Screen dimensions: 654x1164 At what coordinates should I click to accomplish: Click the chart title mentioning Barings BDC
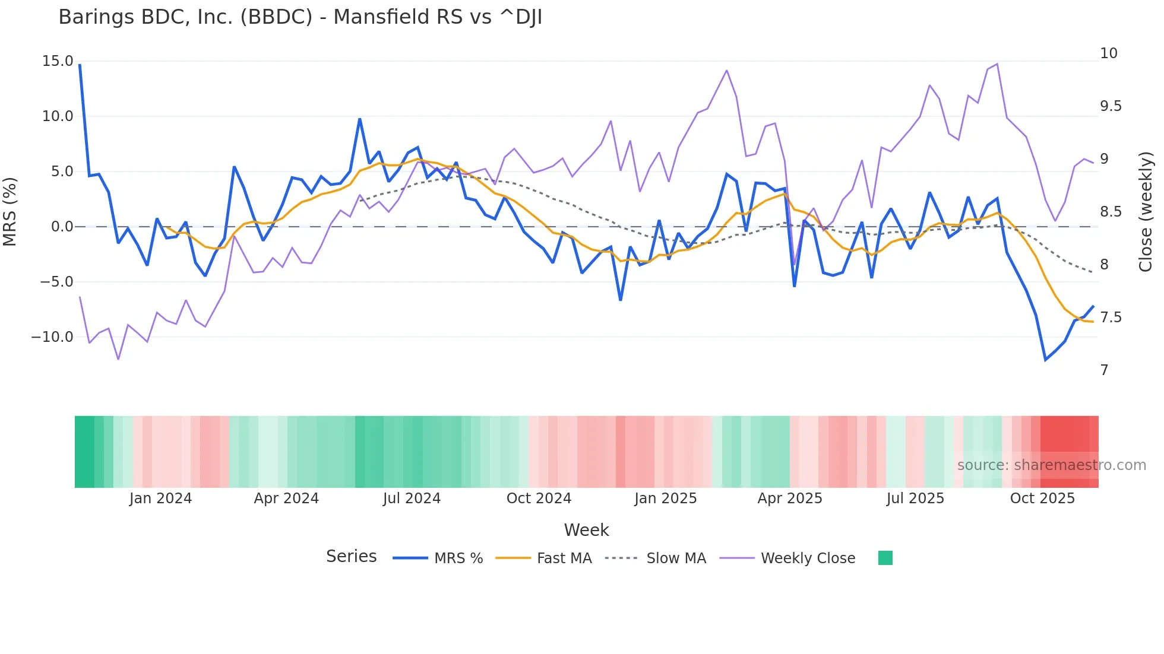pos(300,17)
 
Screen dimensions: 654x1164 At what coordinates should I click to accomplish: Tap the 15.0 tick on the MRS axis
pos(58,61)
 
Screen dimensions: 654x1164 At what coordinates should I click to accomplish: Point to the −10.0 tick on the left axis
pos(52,337)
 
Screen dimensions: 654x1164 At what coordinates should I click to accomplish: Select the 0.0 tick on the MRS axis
pos(62,227)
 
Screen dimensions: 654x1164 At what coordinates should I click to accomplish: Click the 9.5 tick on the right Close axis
pos(1111,106)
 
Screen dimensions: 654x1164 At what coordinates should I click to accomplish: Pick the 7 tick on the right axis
pos(1104,370)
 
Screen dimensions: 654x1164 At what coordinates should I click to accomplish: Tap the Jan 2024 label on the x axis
pos(160,499)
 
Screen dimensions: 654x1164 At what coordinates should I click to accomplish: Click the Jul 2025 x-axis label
pos(915,499)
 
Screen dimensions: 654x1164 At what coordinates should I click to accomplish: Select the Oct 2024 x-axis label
pos(539,499)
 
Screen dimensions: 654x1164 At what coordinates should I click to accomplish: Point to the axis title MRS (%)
pos(10,211)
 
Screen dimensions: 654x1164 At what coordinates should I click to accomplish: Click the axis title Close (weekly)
pos(1146,211)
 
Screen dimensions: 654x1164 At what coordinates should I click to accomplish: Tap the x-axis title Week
pos(586,530)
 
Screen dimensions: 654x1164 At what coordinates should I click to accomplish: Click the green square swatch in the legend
pos(885,558)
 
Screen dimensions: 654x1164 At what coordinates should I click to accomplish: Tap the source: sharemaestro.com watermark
pos(1051,465)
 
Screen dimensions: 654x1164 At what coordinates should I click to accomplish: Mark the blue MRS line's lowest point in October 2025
pos(1046,360)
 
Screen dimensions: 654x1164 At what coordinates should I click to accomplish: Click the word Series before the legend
pos(351,557)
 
